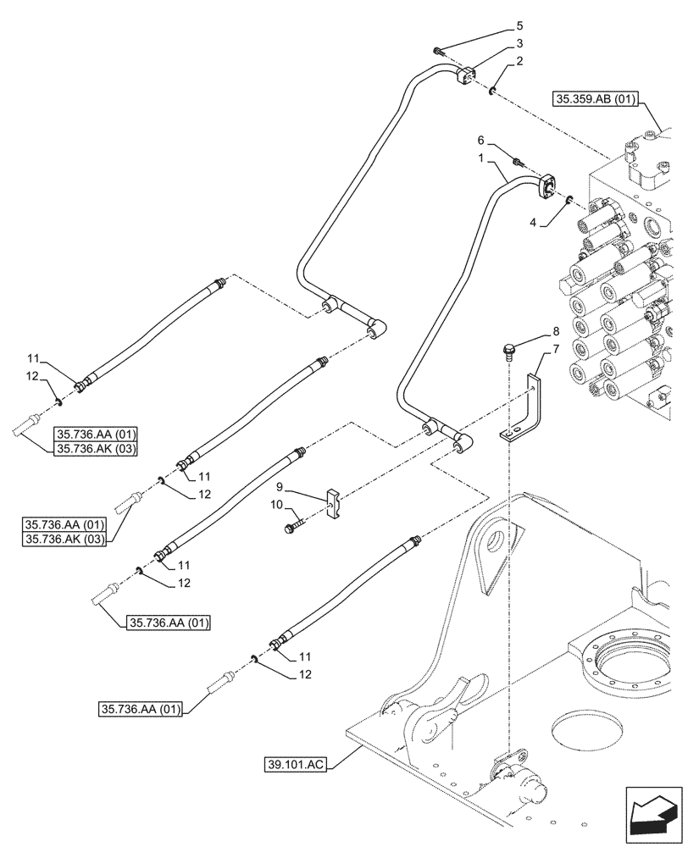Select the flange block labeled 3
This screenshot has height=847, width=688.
pyautogui.click(x=466, y=77)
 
